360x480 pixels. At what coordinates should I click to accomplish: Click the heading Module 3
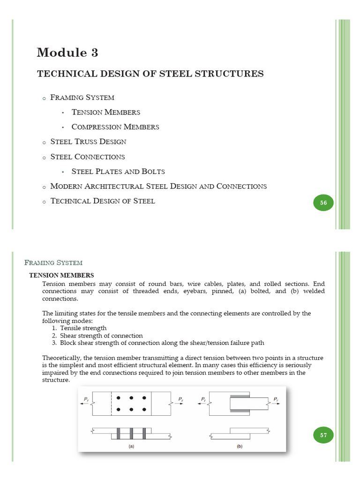(x=67, y=52)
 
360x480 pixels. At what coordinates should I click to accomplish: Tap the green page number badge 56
(x=323, y=203)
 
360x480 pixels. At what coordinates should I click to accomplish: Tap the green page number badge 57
(x=323, y=435)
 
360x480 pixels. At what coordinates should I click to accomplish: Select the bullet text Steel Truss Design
(x=88, y=142)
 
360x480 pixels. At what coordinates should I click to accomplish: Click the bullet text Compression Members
(x=115, y=127)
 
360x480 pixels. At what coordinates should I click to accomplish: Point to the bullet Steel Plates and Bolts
(x=118, y=172)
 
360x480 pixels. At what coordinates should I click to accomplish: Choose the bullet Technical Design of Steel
(x=103, y=201)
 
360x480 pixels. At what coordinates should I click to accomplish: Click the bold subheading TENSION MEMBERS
(x=62, y=275)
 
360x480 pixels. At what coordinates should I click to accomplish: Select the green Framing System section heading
(x=53, y=263)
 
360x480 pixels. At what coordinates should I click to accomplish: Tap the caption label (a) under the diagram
(x=132, y=447)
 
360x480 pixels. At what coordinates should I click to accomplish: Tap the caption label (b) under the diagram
(x=240, y=447)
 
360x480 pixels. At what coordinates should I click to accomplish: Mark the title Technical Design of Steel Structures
(x=150, y=74)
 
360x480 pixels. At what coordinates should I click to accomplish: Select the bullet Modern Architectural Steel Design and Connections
(x=158, y=187)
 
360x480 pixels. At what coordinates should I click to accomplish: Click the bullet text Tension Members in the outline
(x=106, y=112)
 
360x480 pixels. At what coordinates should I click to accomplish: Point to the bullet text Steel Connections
(x=88, y=157)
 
